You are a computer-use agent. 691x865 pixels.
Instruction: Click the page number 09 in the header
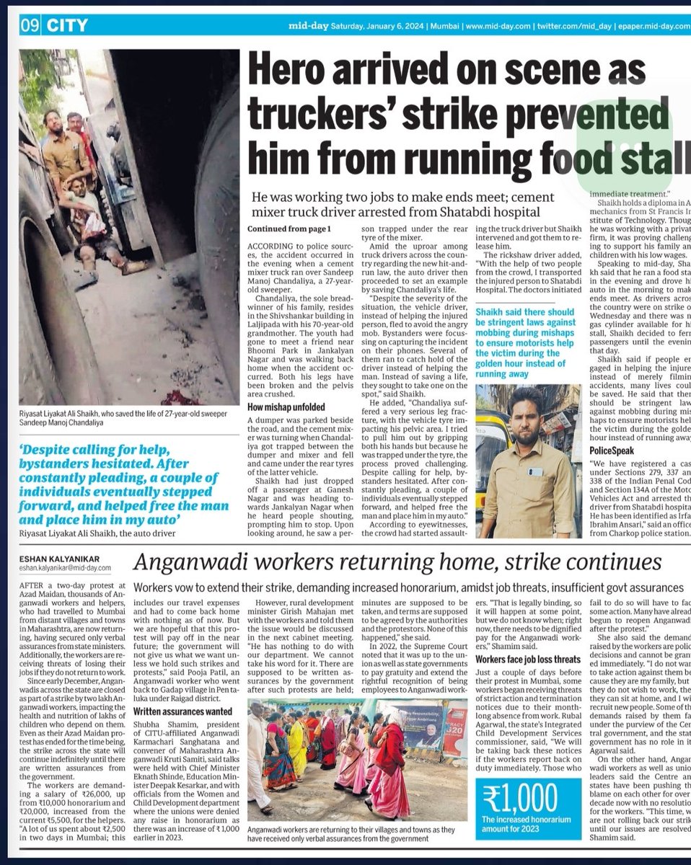tap(30, 27)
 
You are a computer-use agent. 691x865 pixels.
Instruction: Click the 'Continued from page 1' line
tap(289, 229)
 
